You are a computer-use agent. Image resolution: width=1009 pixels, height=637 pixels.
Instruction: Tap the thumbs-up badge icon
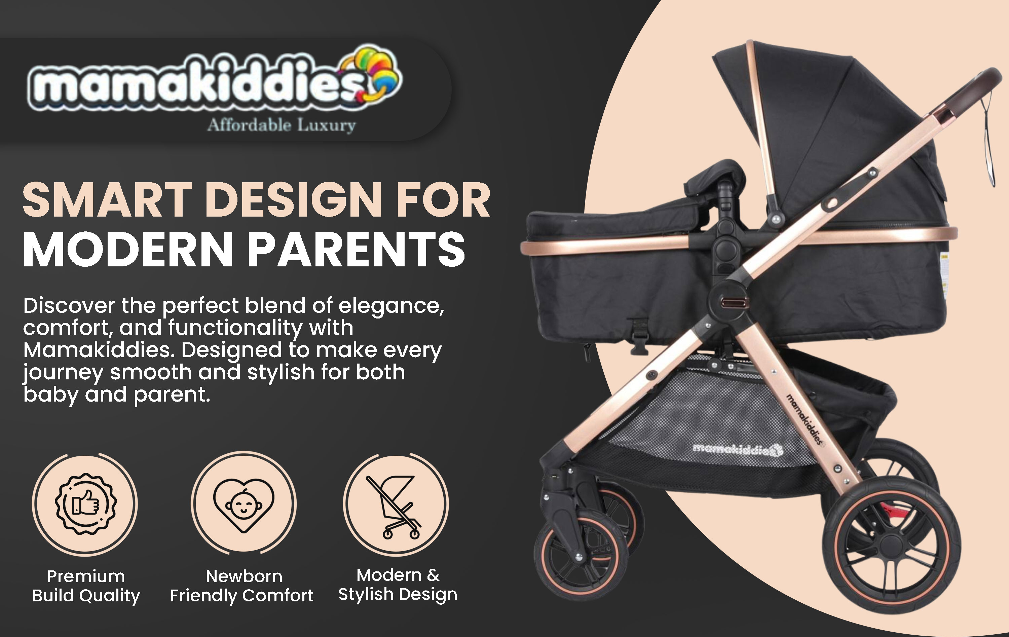pyautogui.click(x=86, y=504)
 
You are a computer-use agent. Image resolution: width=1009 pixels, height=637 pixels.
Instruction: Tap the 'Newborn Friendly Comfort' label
pyautogui.click(x=242, y=586)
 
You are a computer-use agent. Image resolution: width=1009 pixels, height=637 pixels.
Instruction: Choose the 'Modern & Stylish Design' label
pyautogui.click(x=398, y=585)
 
